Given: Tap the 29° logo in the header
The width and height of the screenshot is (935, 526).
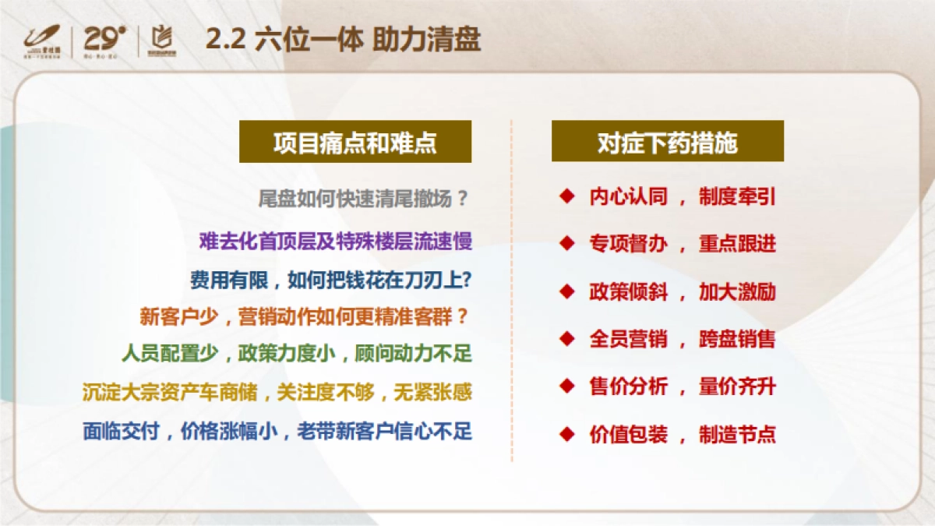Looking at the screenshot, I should (104, 39).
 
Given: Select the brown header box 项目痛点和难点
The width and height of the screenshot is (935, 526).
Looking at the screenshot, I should (355, 143).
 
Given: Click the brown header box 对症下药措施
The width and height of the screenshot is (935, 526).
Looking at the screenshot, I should (668, 143).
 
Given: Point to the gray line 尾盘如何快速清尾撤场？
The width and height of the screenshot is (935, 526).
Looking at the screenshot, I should (364, 199).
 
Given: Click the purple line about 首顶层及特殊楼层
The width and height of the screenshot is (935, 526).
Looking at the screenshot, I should (336, 241).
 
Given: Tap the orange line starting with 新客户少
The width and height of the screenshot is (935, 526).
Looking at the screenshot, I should (305, 317).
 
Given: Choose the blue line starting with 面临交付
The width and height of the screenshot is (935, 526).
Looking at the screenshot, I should (277, 430).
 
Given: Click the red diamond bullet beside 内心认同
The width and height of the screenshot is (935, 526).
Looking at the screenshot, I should (566, 196).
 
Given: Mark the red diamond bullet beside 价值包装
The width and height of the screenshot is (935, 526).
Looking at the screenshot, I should (566, 433).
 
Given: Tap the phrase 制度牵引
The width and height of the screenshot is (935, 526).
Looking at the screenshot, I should (737, 196).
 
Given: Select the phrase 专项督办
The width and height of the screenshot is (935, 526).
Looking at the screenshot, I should (628, 244).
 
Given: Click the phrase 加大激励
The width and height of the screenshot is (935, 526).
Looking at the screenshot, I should (737, 292).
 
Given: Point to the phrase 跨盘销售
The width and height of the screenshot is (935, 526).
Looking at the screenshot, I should (737, 339).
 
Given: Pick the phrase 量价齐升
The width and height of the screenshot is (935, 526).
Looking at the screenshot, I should (737, 387).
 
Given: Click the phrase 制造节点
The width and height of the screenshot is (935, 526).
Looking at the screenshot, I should (737, 434).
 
